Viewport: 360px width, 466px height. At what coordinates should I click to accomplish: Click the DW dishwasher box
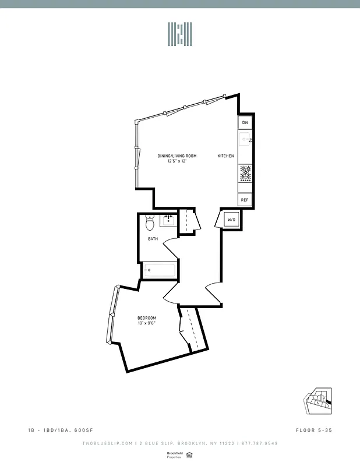click(x=245, y=123)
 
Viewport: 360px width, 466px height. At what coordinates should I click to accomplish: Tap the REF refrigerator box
click(x=245, y=200)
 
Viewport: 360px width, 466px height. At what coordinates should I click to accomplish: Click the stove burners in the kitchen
click(x=245, y=173)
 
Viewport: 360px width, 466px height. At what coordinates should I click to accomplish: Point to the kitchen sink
click(x=245, y=140)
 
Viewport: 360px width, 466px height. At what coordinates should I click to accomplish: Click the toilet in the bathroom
click(x=150, y=222)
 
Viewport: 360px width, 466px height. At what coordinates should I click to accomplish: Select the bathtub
click(x=159, y=269)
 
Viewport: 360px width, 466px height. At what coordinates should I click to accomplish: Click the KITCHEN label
click(x=226, y=156)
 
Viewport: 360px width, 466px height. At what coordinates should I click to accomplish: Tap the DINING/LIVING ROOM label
click(x=177, y=156)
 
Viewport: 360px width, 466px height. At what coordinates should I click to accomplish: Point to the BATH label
click(x=153, y=239)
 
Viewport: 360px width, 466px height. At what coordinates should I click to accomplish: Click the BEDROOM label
click(x=147, y=317)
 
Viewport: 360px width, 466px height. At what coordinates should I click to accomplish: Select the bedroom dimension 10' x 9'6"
click(x=147, y=323)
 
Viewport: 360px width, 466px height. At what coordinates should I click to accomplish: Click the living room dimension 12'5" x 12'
click(x=177, y=161)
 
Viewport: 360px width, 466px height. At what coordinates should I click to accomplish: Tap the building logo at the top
click(x=180, y=34)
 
